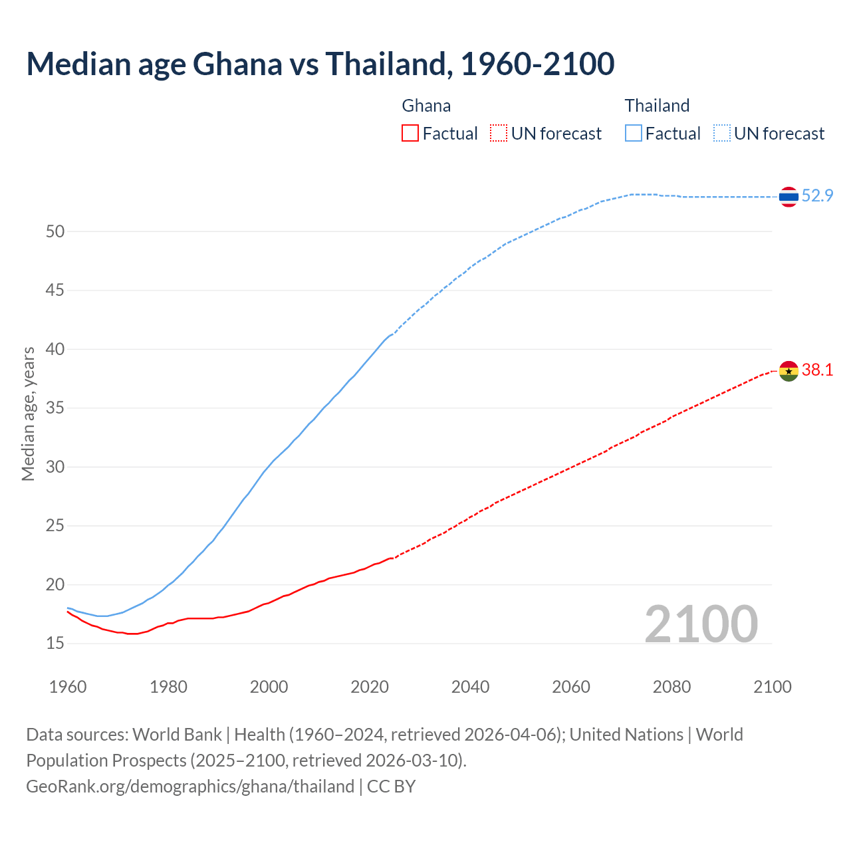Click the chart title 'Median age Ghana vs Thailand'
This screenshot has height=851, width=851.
320,64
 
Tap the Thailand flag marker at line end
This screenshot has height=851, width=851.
789,197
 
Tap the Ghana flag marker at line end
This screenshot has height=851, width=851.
789,371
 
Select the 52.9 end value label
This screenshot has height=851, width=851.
817,196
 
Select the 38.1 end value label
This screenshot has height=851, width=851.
817,370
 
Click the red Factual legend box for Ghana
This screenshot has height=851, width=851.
410,134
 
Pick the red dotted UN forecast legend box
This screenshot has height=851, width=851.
499,134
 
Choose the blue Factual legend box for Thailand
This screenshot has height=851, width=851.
634,134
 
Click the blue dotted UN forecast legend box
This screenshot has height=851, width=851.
722,134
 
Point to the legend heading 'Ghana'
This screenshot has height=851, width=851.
426,106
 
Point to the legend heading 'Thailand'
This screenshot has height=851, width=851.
657,106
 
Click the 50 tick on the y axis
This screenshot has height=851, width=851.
55,232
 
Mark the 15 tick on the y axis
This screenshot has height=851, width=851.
55,644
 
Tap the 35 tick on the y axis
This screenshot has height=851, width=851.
55,408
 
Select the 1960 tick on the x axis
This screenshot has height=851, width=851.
68,687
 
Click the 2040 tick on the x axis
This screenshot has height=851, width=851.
470,687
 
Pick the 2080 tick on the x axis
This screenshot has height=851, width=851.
671,687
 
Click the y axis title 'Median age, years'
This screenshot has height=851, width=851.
28,414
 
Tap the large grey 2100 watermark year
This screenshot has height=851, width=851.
701,624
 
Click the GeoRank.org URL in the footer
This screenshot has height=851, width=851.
190,787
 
